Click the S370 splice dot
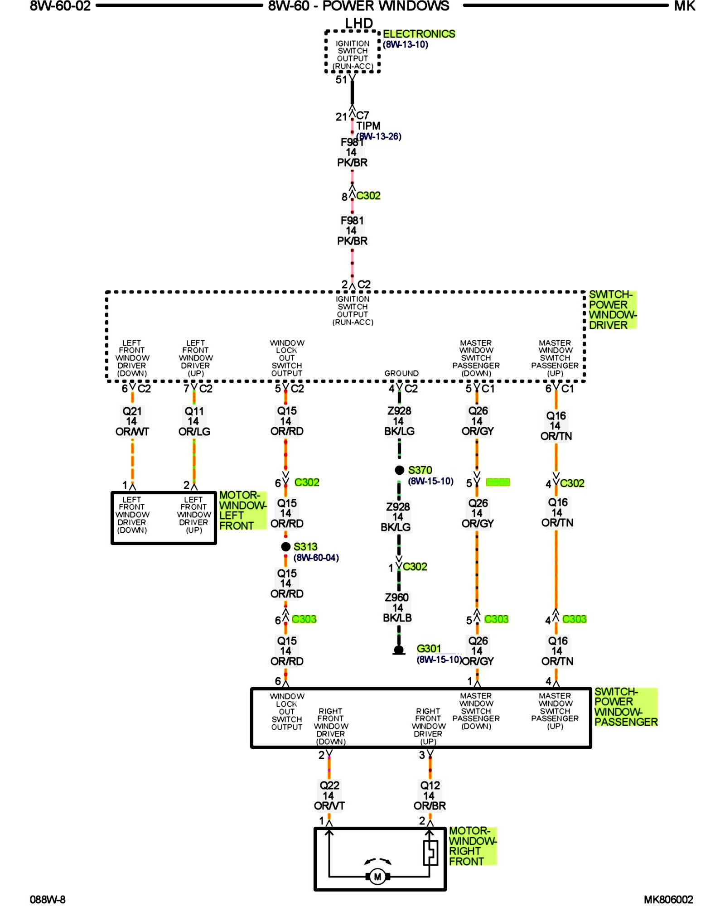tap(399, 470)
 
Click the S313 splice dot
tap(285, 547)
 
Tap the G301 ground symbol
tap(399, 651)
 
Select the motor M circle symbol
tap(377, 877)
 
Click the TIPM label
tap(368, 126)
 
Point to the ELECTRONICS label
tap(419, 34)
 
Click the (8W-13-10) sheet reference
tap(405, 44)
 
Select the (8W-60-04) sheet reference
tap(316, 558)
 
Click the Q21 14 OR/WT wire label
tap(132, 421)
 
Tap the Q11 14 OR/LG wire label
tap(194, 421)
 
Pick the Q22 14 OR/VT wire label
tap(329, 795)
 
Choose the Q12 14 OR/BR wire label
tap(430, 795)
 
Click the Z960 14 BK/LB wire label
tap(397, 607)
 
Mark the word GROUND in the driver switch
tap(401, 373)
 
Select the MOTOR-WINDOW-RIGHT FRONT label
tap(472, 846)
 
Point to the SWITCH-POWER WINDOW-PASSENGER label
tap(625, 707)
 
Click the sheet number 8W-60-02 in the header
tap(60, 6)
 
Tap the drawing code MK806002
tap(668, 900)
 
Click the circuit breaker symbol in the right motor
tap(430, 853)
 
